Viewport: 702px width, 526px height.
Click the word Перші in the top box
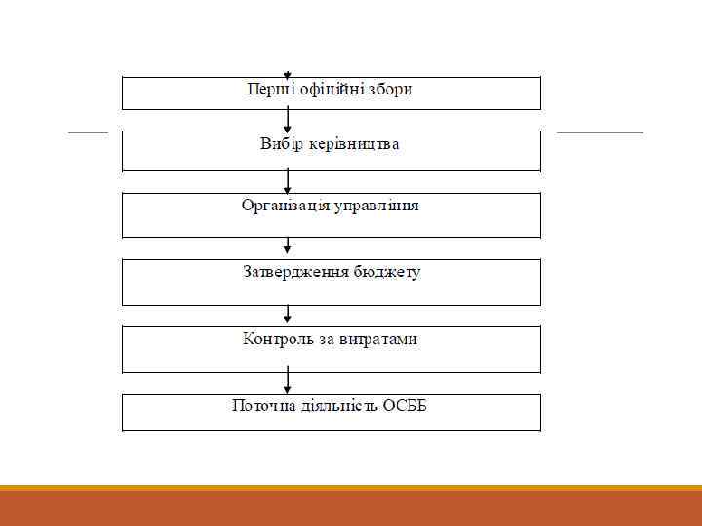point(266,90)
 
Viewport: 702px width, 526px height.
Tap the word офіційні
point(325,90)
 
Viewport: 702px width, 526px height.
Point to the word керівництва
point(353,145)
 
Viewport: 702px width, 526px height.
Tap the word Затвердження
point(296,272)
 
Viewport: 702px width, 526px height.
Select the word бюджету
point(387,272)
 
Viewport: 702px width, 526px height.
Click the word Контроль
point(279,339)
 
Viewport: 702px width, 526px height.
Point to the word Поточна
point(261,405)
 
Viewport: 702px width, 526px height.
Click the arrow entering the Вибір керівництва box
point(287,121)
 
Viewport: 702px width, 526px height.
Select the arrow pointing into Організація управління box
point(287,181)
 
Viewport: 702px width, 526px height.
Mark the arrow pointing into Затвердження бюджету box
point(287,248)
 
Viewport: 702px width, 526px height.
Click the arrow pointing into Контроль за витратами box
point(287,315)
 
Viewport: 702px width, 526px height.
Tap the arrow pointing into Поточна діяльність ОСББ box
point(287,381)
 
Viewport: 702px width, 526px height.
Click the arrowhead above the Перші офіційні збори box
point(287,74)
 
